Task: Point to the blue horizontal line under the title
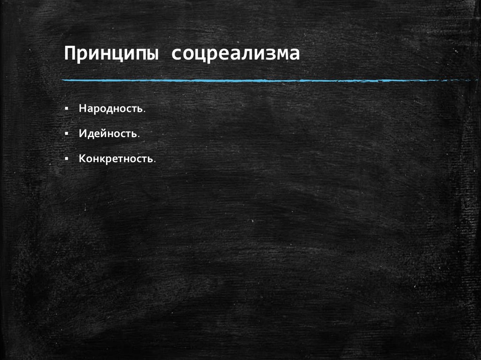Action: (263, 81)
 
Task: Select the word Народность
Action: (111, 108)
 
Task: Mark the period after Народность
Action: (144, 111)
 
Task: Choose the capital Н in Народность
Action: (82, 108)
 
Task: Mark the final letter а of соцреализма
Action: (295, 54)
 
